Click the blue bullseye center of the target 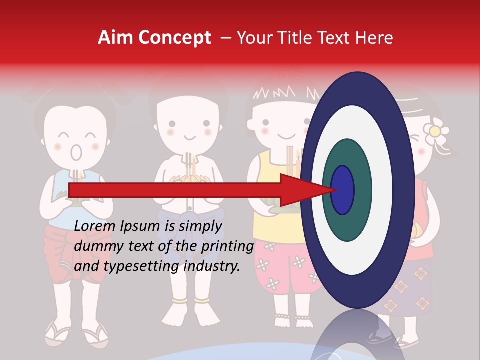point(342,190)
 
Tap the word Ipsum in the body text point(140,227)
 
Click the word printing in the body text point(228,246)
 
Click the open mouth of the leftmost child point(76,152)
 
